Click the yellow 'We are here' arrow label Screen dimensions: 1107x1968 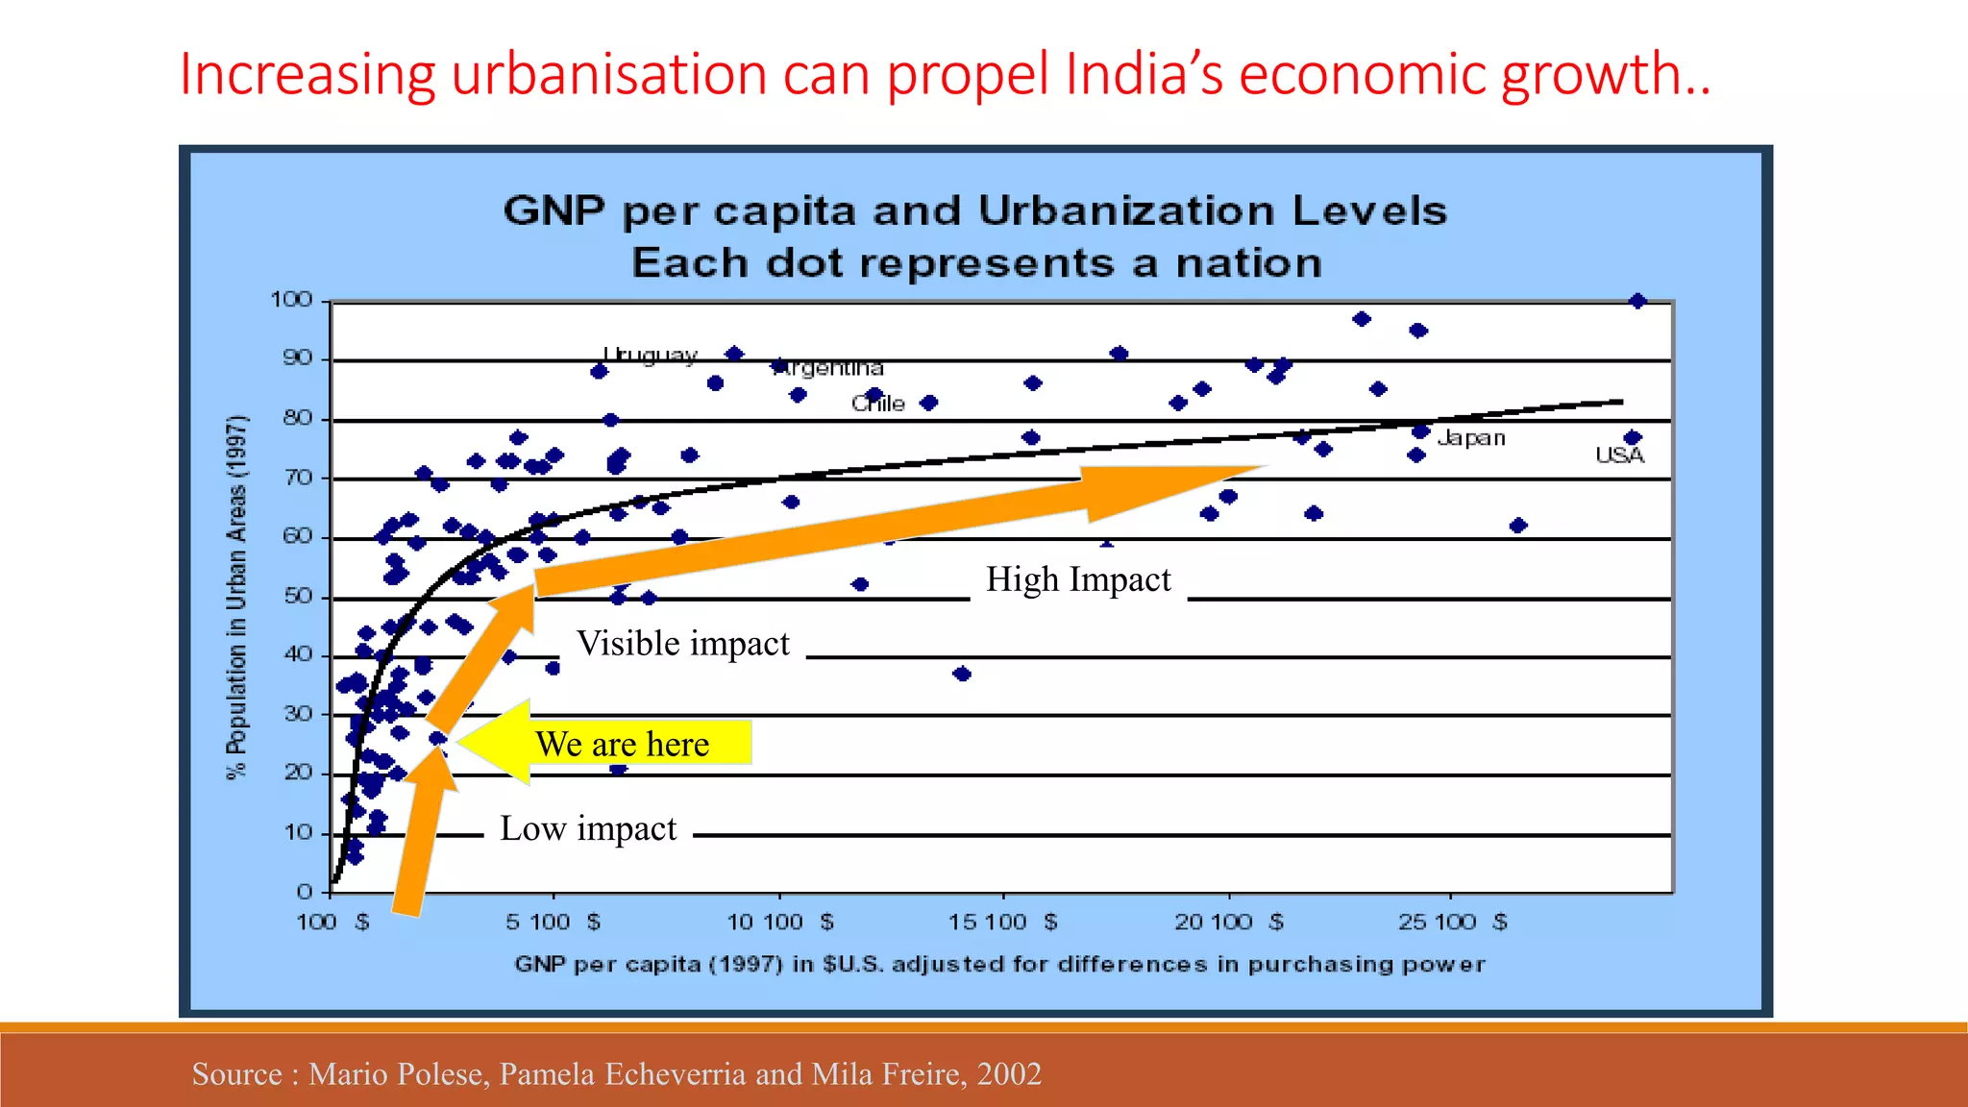(x=623, y=744)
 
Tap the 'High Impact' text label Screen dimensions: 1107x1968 (x=1078, y=579)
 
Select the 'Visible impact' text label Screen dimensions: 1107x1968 (x=682, y=643)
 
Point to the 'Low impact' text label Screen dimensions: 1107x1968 (x=588, y=828)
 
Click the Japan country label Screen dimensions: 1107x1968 (x=1470, y=438)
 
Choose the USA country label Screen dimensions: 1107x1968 (x=1619, y=455)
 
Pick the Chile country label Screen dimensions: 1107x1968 (x=877, y=404)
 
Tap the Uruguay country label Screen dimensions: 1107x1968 (x=650, y=355)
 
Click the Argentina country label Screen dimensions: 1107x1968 (x=831, y=368)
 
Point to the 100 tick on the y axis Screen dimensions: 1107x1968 (x=291, y=300)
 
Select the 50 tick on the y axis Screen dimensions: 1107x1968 (x=298, y=596)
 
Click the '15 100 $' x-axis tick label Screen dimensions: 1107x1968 (x=1002, y=922)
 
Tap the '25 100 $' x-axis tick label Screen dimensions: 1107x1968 (x=1452, y=922)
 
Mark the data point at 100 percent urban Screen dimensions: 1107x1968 (x=1637, y=302)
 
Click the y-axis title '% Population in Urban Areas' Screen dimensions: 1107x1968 (x=236, y=596)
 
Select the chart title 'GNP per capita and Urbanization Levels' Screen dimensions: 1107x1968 (x=974, y=210)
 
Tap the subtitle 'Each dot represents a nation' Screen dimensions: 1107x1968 (x=976, y=262)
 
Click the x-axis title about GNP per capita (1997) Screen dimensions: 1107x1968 (x=999, y=964)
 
